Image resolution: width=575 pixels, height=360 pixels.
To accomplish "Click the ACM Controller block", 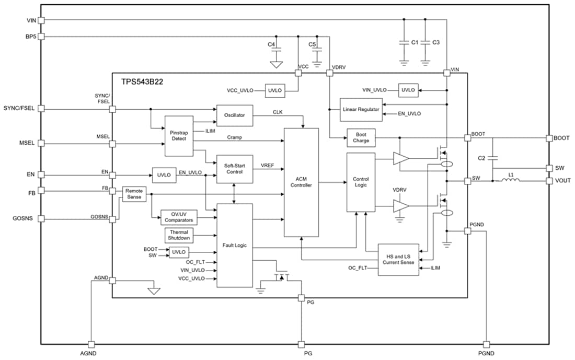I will [x=301, y=182].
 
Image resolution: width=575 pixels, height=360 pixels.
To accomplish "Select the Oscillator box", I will [x=234, y=115].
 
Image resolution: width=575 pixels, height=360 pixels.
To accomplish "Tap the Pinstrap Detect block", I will [x=179, y=136].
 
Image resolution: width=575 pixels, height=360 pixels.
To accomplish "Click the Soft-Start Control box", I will [x=234, y=169].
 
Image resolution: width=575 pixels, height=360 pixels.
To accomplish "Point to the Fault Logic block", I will [x=234, y=245].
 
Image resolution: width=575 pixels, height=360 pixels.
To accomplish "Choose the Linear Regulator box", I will [x=361, y=110].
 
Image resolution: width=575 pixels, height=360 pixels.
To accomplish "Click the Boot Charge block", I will [x=361, y=137].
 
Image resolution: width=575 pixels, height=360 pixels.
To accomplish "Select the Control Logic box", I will [x=361, y=182].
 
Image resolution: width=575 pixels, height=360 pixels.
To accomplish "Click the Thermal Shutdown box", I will [x=179, y=235].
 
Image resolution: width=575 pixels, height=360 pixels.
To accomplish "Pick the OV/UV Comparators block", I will [x=179, y=217].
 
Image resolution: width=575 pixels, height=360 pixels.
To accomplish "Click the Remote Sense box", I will [x=134, y=193].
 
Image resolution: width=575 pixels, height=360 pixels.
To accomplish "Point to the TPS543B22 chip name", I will [x=136, y=82].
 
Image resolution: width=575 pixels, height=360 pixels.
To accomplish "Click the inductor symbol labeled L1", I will [x=510, y=181].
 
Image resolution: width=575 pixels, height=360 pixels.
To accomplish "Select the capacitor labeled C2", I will [x=494, y=158].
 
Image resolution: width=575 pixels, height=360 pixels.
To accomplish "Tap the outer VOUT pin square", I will [x=549, y=181].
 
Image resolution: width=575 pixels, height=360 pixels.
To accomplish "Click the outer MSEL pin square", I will [x=42, y=143].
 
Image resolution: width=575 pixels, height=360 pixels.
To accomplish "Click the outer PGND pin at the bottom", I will [x=487, y=344].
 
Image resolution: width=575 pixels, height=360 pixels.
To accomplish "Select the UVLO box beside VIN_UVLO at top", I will [x=408, y=90].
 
